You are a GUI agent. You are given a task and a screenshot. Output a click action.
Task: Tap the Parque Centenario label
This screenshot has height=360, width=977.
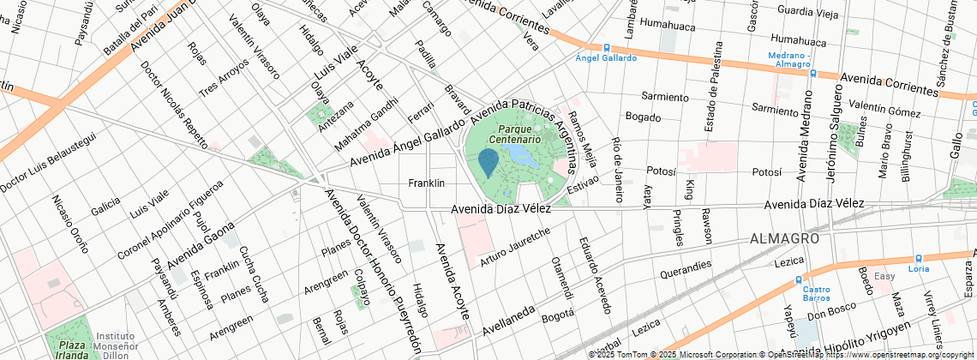(x=514, y=133)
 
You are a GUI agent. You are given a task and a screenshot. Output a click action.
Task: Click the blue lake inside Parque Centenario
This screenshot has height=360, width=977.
(x=522, y=155)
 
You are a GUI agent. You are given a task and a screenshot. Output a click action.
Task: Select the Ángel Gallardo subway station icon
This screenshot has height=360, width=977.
(x=606, y=47)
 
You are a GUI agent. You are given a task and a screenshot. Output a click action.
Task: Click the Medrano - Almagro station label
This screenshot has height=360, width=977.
(x=788, y=59)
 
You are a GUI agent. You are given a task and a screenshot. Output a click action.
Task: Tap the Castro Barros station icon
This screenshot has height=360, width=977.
(x=799, y=279)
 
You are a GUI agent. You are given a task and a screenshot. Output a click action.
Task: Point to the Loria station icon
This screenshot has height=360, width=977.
(x=918, y=257)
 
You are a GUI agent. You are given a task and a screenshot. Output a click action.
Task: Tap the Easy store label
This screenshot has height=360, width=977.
(x=884, y=276)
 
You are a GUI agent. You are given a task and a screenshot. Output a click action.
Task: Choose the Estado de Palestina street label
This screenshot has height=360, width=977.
(x=710, y=89)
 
